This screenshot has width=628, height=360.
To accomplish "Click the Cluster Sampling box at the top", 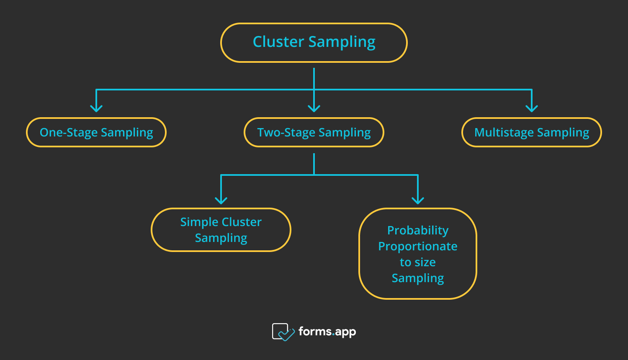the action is tap(314, 43).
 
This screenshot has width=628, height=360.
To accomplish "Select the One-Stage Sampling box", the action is tap(96, 132).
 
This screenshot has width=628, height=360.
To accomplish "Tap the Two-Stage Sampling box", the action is tap(314, 132).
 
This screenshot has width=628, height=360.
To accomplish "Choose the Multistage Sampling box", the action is tap(532, 132).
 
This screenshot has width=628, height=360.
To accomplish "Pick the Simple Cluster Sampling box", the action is tap(221, 230).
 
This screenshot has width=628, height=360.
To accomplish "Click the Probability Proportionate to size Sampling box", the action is tap(418, 253).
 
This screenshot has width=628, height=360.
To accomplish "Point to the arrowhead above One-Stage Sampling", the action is tap(96, 108).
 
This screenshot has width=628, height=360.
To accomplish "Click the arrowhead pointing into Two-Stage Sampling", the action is tap(314, 108).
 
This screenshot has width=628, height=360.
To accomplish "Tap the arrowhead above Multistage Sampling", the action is tap(532, 108).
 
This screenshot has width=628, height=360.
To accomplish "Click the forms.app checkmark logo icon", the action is tap(283, 332).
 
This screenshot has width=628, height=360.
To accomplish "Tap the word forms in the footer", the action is tap(315, 331).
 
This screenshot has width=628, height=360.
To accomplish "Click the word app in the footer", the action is tap(345, 332).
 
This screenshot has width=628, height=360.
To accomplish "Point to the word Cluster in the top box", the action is tap(278, 41).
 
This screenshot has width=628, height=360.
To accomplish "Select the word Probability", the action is tap(418, 231).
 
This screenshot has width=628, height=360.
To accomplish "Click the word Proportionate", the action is tap(418, 247).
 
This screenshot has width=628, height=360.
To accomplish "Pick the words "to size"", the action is tap(418, 262).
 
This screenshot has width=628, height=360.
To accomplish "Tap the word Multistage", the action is tap(504, 132).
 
